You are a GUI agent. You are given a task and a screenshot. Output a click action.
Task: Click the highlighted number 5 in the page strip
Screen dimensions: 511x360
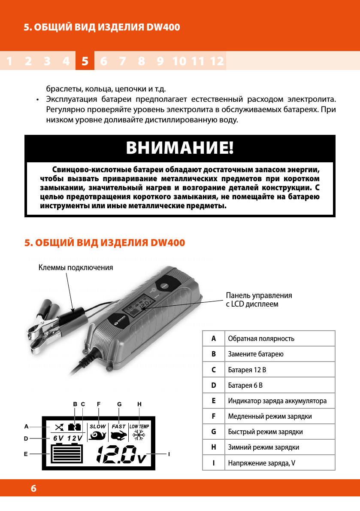(85, 61)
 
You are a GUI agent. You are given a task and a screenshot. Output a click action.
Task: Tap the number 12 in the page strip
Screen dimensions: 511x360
(218, 61)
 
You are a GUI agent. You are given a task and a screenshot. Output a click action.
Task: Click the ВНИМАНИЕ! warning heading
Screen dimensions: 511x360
(180, 148)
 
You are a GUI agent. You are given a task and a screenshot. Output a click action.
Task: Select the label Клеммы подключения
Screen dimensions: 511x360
(76, 267)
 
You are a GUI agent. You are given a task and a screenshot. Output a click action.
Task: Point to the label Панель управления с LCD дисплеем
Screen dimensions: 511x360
(259, 300)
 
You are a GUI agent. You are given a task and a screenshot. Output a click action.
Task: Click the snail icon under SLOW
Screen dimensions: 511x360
(97, 436)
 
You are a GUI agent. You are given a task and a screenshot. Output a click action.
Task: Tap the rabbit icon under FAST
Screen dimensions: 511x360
(118, 436)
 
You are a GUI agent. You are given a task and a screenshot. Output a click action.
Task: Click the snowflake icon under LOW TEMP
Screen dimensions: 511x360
(139, 436)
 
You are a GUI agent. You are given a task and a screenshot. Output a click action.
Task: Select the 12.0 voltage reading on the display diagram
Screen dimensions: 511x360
(116, 455)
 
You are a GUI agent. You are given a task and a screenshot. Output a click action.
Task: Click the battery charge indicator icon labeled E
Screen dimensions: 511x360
(67, 454)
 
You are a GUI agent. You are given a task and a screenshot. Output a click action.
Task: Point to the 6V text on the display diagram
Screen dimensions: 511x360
(58, 438)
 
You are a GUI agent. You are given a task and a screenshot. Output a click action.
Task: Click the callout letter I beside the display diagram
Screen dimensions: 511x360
(169, 454)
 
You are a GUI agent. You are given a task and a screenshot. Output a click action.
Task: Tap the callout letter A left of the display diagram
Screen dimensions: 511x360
(26, 427)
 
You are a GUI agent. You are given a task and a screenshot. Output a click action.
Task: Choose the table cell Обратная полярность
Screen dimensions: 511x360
(261, 338)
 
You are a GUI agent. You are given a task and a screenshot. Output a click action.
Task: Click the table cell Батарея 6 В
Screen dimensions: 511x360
(245, 385)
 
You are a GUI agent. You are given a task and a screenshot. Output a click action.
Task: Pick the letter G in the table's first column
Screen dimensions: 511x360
(213, 432)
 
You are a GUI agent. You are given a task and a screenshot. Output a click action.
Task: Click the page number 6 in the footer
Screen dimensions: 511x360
(33, 489)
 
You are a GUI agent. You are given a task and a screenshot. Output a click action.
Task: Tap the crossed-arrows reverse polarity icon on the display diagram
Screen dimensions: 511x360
(59, 427)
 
